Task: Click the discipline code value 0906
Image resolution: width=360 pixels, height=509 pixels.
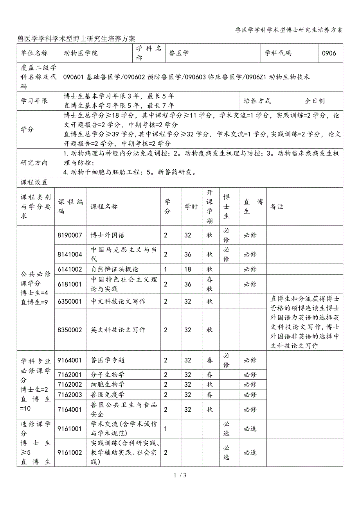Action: pos(329,53)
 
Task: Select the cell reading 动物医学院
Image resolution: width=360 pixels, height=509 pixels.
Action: pos(81,53)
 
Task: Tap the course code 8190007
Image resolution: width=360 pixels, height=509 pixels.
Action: pos(70,235)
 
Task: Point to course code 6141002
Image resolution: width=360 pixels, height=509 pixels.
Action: pos(70,269)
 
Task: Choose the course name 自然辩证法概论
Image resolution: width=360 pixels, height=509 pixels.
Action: pos(115,269)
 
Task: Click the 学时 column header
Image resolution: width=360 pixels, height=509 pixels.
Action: pos(191,207)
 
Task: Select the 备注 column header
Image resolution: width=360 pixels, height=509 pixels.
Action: pos(277,207)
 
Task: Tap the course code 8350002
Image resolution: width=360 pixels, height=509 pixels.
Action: pos(70,330)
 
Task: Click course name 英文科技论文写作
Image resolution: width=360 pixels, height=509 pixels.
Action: pos(118,330)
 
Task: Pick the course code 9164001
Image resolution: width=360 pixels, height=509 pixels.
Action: pos(70,360)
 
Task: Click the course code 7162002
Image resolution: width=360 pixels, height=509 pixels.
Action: pos(70,385)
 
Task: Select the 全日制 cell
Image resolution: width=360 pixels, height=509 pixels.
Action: pos(315,101)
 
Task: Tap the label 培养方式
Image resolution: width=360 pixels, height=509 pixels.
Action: pos(257,101)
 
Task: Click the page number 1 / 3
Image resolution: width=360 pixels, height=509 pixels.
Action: pos(180,476)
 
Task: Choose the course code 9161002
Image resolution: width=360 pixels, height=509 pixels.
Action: pos(70,453)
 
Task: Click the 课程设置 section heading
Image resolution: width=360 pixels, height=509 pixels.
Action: pos(34,182)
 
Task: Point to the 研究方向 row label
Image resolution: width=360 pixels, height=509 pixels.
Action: pos(34,163)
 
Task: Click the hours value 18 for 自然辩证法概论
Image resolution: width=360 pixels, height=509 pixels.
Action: pos(188,269)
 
